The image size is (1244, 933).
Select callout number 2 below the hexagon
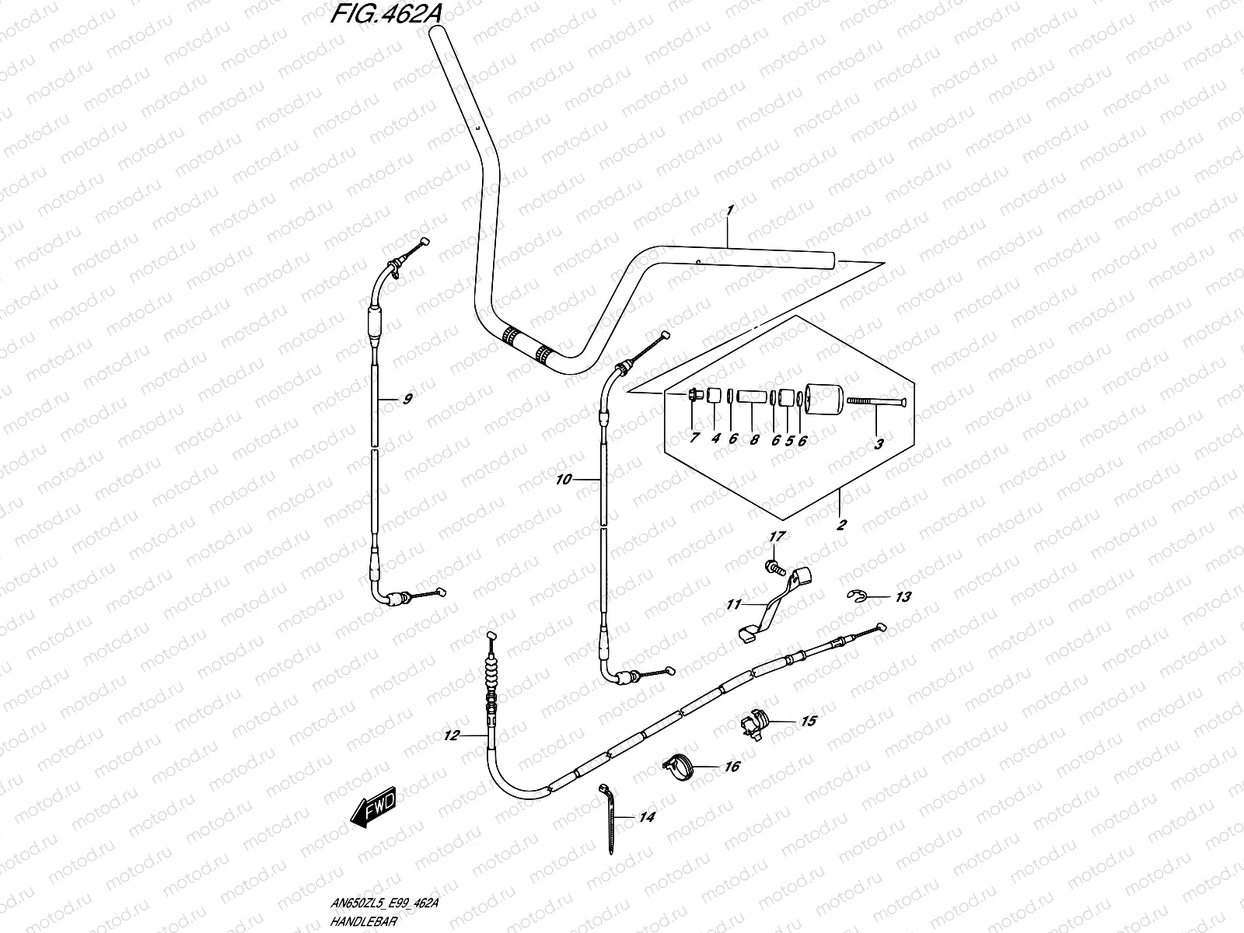click(840, 524)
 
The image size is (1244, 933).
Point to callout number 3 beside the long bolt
click(879, 444)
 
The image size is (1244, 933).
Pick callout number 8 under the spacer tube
click(753, 439)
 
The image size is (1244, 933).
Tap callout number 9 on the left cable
click(407, 400)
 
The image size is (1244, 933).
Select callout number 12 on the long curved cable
click(453, 735)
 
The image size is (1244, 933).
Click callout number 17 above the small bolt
click(777, 536)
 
